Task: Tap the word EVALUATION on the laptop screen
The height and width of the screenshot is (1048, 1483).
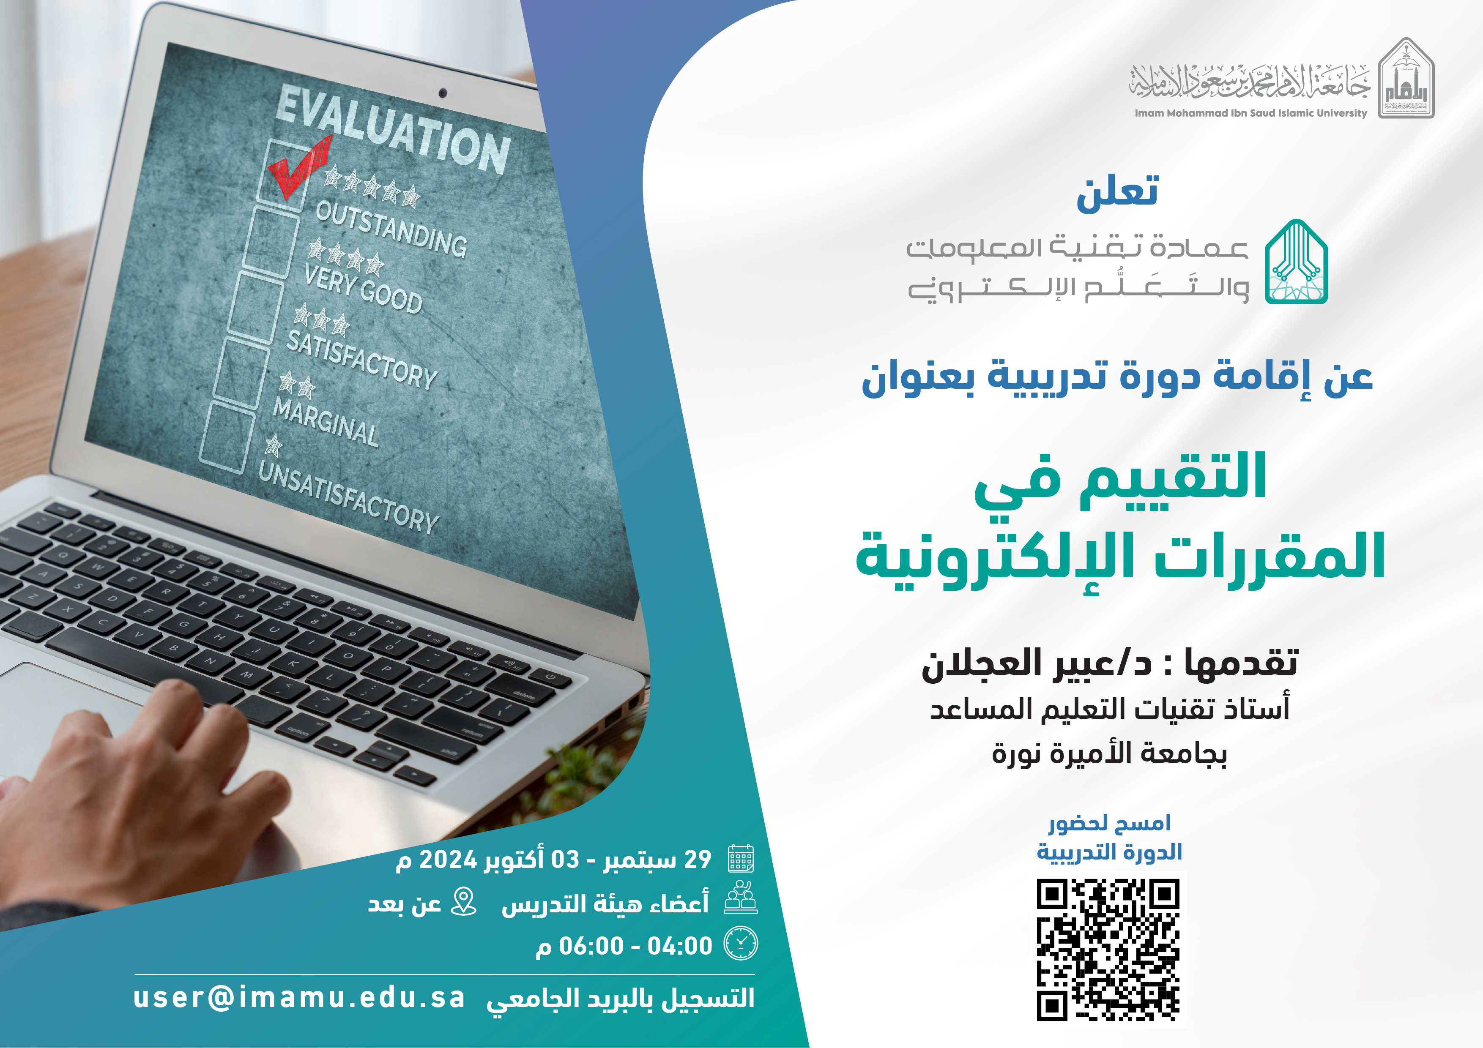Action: pos(392,130)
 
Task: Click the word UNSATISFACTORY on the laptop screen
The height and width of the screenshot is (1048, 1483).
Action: pos(348,497)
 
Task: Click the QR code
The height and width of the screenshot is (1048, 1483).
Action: pos(1108,949)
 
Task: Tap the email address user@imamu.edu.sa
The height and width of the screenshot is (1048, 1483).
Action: pos(298,998)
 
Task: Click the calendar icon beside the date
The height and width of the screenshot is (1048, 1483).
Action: pos(741,859)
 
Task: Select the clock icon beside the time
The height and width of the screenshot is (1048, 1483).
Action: pos(741,944)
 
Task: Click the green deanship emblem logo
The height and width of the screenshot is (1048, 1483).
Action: pos(1296,262)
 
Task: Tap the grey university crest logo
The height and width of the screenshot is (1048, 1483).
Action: pos(1406,79)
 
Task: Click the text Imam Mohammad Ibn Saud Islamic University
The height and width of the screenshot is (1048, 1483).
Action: pos(1250,113)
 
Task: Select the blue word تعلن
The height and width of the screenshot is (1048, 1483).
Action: pos(1117,192)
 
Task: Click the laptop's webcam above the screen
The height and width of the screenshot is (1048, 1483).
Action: pos(443,93)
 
